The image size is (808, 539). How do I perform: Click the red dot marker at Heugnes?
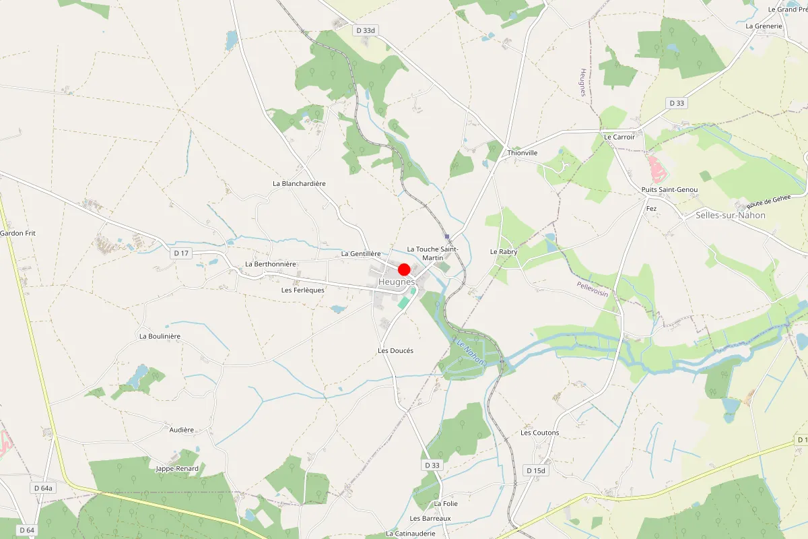[x=404, y=269]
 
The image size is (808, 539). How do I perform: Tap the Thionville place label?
[x=523, y=153]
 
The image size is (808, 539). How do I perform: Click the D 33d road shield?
[x=364, y=30]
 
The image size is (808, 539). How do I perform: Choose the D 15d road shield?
[x=537, y=470]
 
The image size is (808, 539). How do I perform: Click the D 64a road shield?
[x=43, y=487]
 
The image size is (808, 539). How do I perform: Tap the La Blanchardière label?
[x=299, y=183]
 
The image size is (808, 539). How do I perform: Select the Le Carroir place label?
[x=619, y=137]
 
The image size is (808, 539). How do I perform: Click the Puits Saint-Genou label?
[x=669, y=190]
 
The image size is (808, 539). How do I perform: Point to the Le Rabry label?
[x=503, y=251]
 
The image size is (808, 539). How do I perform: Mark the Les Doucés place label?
[x=395, y=351]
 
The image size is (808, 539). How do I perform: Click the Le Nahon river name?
[x=469, y=352]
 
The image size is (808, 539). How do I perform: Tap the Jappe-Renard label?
[x=177, y=468]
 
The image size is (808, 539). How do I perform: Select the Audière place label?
[x=182, y=430]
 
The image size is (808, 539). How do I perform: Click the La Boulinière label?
[x=160, y=336]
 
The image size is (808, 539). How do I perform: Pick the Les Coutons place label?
[x=540, y=433]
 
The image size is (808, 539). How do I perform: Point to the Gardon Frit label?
[x=18, y=233]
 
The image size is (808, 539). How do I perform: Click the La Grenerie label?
[x=764, y=26]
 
